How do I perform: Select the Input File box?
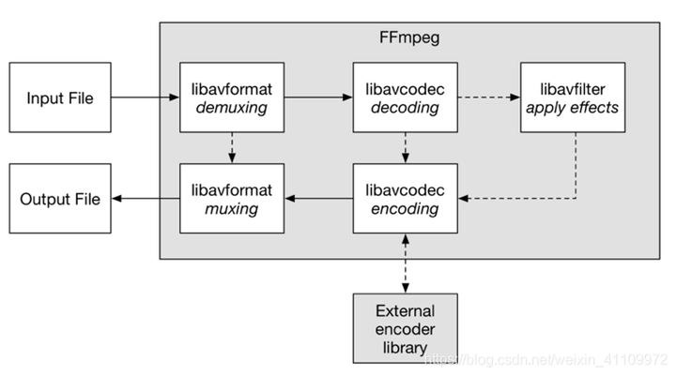[x=59, y=98]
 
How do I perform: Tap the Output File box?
[x=59, y=199]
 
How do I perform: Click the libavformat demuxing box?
[x=231, y=98]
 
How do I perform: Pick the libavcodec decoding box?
[x=404, y=98]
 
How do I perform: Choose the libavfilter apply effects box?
[x=573, y=98]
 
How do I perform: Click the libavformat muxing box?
[x=231, y=199]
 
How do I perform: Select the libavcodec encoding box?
[x=404, y=199]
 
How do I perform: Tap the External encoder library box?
[x=404, y=328]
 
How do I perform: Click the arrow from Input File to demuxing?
[x=145, y=98]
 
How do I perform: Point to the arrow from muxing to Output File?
[x=145, y=199]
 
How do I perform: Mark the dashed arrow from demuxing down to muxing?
[x=231, y=147]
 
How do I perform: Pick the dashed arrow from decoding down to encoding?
[x=404, y=147]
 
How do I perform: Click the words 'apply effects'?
[x=573, y=108]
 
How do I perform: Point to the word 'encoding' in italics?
[x=404, y=209]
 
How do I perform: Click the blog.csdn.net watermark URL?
[x=545, y=357]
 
